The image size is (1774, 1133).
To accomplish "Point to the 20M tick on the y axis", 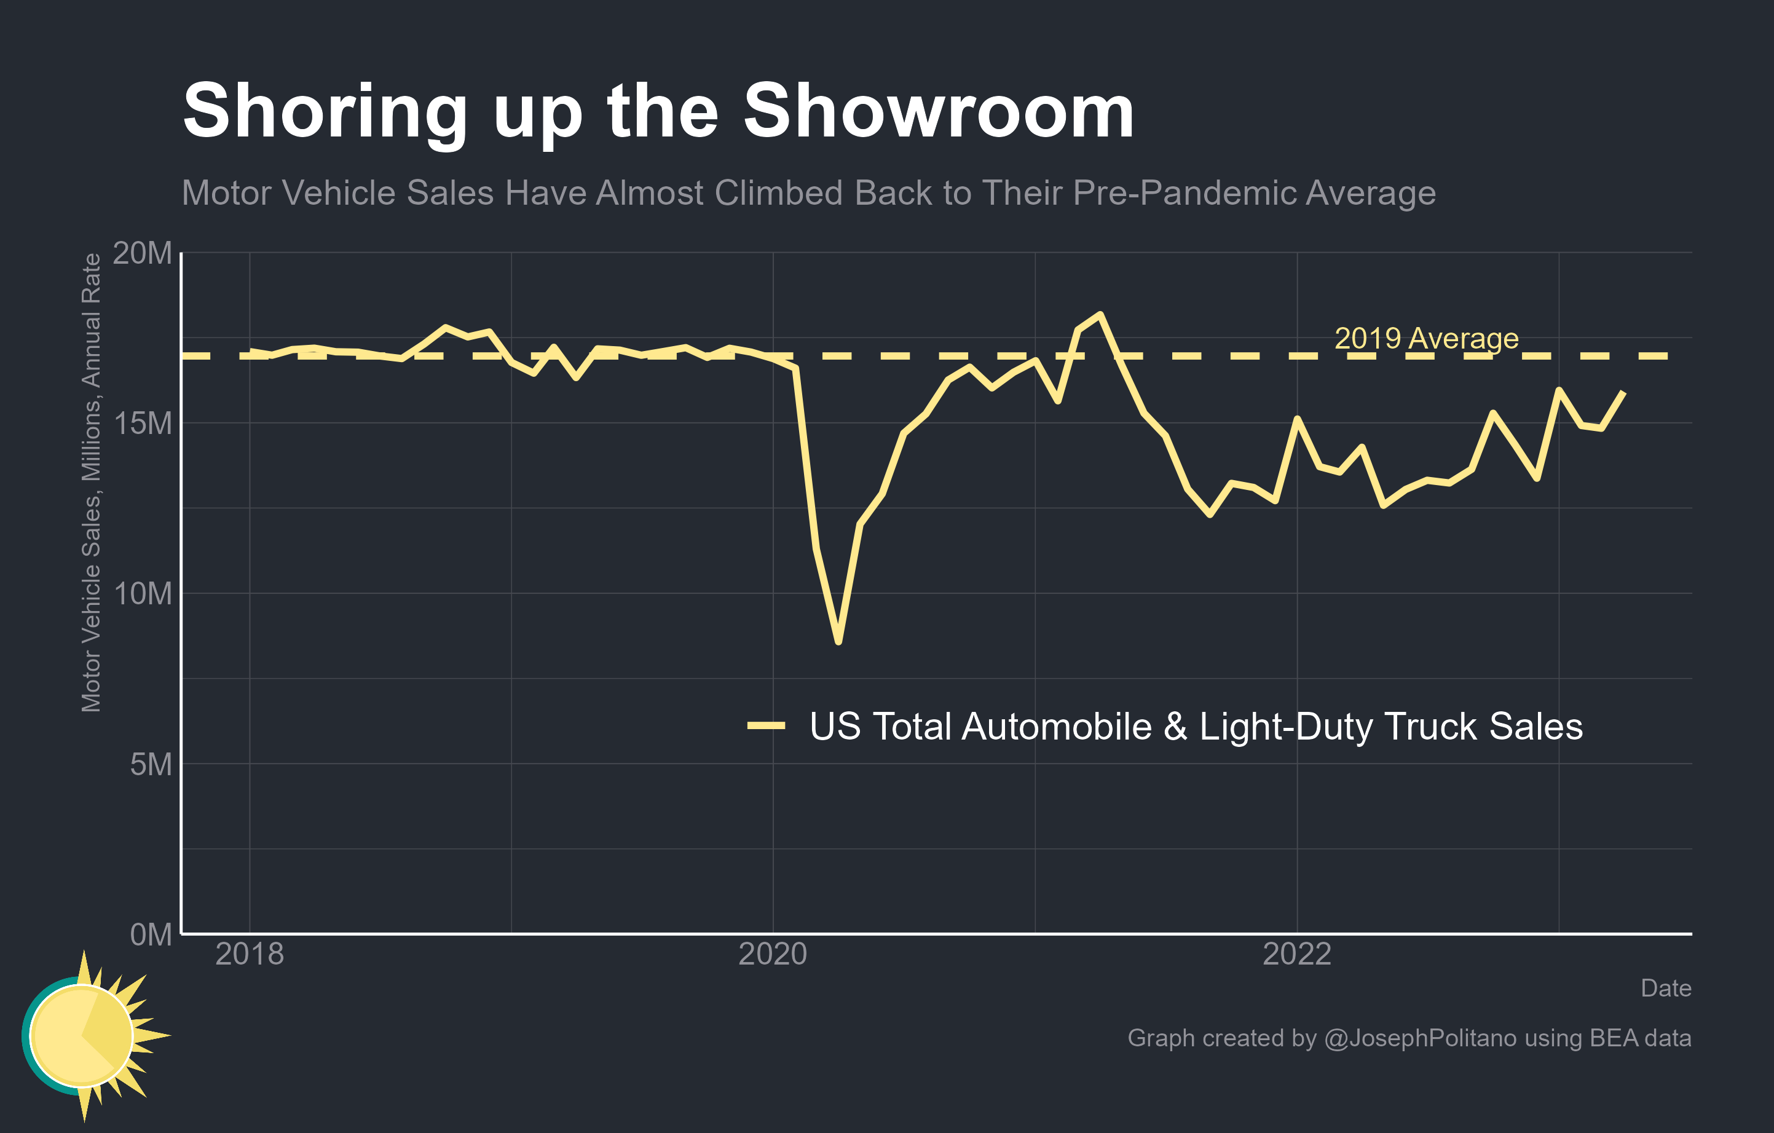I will click(x=141, y=253).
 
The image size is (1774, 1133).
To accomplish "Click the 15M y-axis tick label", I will click(x=141, y=424).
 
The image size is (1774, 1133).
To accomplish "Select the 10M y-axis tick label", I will click(x=141, y=594).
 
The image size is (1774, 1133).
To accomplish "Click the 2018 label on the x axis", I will click(x=249, y=955).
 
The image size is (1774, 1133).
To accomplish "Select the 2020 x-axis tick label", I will click(x=773, y=955).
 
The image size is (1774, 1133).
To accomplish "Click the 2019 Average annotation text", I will click(x=1426, y=338).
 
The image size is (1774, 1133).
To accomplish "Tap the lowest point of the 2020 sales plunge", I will click(x=838, y=642).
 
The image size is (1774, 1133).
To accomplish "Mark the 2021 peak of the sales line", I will click(x=1100, y=315).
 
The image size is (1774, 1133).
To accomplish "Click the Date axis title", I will click(x=1666, y=988).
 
